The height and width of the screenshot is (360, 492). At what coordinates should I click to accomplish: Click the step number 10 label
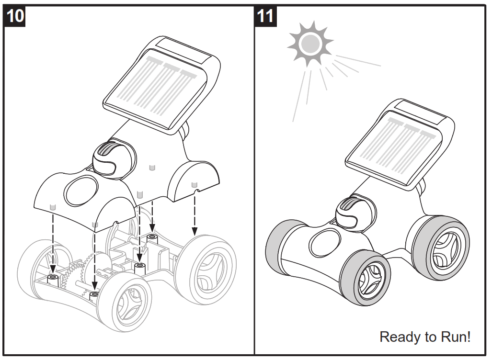click(15, 15)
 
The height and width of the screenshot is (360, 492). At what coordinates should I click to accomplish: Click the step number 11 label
click(264, 15)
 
